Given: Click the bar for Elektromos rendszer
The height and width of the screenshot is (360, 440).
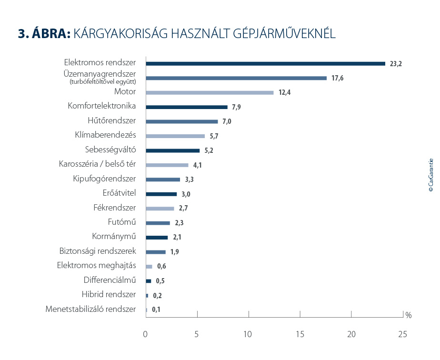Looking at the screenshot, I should coord(265,63).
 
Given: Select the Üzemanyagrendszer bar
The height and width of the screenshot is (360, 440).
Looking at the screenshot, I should coord(236,78).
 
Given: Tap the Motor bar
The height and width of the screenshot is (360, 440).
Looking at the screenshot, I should coord(210,92).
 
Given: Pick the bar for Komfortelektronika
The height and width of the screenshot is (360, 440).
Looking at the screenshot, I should coord(187,107).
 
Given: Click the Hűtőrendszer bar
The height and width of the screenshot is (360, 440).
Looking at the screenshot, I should coord(182,121).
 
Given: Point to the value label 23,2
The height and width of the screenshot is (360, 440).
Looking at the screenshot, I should coord(396,64).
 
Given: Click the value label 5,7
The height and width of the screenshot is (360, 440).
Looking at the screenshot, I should coord(214,136).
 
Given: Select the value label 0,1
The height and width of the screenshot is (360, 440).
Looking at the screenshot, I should coord(156,310).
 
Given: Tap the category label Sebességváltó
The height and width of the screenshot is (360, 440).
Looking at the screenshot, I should coord(110,150).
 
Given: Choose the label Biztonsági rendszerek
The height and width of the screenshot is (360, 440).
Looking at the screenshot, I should coord(98,251).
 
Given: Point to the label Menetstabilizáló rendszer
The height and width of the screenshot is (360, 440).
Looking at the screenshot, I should coord(90,309).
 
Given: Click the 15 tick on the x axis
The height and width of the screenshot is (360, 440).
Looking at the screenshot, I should coord(300,334).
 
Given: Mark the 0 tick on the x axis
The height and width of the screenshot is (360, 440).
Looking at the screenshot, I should coord(146,334).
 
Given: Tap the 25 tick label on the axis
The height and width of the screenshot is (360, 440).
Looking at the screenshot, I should coord(402,334).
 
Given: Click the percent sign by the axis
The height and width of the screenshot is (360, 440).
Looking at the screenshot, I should coord(408,315).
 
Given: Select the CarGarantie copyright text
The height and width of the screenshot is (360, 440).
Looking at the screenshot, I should coord(430,175).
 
